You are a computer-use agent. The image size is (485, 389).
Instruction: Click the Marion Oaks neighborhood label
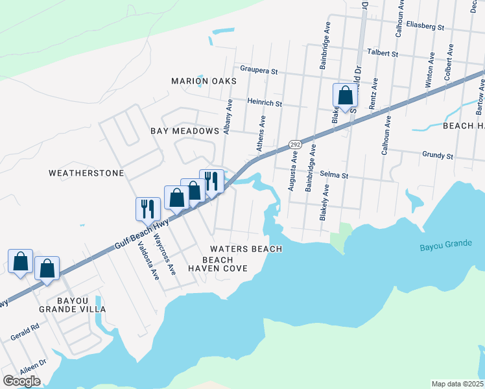(204, 81)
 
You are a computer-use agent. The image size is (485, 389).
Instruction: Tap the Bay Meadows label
(185, 131)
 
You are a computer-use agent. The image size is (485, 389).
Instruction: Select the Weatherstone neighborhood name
(86, 173)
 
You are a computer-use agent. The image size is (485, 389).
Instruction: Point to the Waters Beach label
(246, 249)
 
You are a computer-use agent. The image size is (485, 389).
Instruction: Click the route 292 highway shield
(295, 144)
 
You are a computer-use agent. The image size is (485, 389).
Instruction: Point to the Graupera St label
(259, 69)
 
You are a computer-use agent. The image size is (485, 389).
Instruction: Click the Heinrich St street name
(265, 102)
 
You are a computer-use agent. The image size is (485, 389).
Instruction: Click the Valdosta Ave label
(148, 260)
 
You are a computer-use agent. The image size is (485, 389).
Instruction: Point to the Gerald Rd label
(25, 333)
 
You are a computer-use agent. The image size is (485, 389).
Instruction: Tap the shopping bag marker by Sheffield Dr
(346, 95)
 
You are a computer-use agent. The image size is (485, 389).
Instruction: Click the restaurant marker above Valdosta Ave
(148, 209)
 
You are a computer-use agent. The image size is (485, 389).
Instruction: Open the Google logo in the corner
(21, 381)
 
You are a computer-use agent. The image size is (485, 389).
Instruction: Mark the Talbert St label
(382, 53)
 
